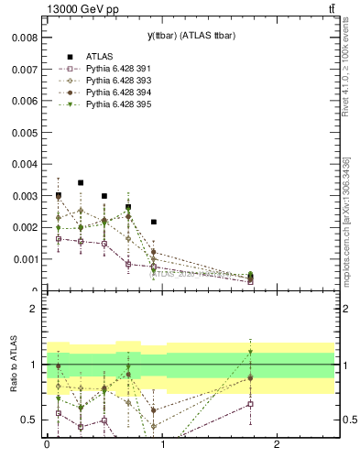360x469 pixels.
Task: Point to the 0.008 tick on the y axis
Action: click(25, 38)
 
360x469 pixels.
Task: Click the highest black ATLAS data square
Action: click(82, 182)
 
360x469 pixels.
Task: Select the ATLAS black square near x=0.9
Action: click(153, 222)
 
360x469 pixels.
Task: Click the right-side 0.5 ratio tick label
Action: click(345, 420)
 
